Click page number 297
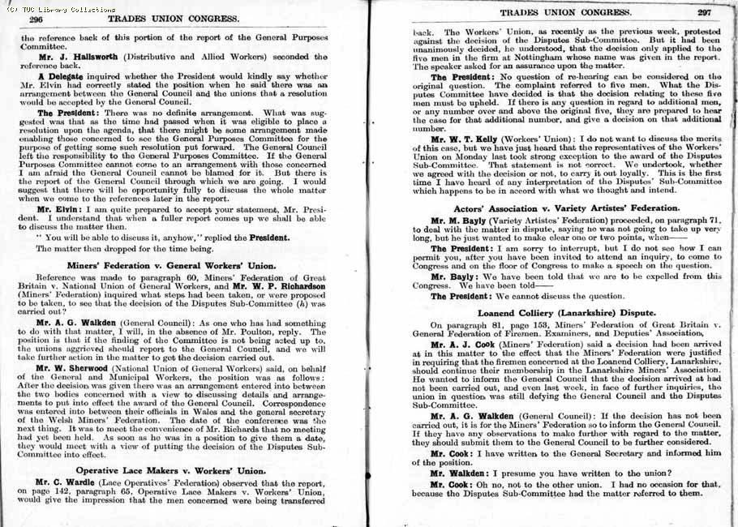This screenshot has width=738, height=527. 703,12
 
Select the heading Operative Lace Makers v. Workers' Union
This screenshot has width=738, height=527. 182,469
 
